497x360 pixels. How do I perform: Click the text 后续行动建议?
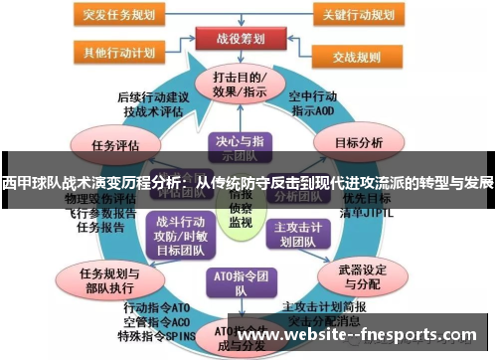tap(152, 96)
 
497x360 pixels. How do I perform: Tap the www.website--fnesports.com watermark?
tap(357, 336)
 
